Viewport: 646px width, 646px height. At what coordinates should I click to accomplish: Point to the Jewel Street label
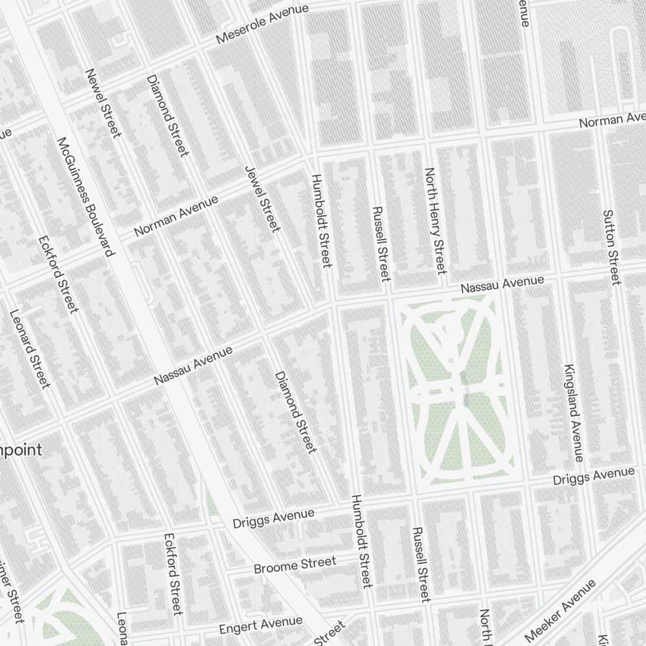pyautogui.click(x=262, y=198)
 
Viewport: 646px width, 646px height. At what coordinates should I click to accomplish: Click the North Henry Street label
pyautogui.click(x=435, y=220)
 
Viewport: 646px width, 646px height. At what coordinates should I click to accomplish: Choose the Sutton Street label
pyautogui.click(x=610, y=247)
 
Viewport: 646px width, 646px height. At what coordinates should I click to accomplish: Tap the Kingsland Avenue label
pyautogui.click(x=574, y=413)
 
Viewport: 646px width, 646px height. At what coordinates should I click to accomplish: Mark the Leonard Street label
pyautogui.click(x=30, y=349)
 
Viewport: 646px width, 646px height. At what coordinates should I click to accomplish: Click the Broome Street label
pyautogui.click(x=295, y=565)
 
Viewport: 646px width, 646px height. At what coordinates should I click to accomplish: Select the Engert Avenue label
pyautogui.click(x=260, y=625)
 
